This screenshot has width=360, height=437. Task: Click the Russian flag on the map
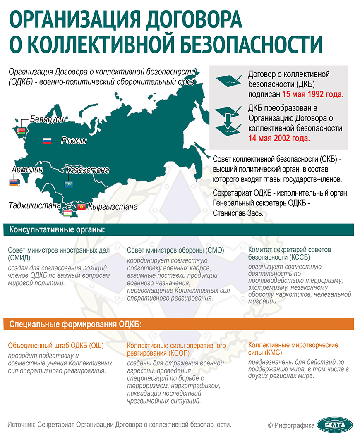click(x=47, y=141)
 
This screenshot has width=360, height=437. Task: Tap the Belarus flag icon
click(x=21, y=132)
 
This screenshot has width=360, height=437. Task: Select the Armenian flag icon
click(x=14, y=182)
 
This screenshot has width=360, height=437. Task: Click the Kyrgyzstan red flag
click(x=82, y=206)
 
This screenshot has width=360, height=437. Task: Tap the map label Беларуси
click(x=47, y=119)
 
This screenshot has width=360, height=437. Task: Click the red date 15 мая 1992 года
click(x=307, y=94)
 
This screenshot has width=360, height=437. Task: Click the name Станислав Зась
click(x=238, y=213)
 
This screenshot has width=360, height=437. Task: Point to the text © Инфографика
click(x=291, y=425)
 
